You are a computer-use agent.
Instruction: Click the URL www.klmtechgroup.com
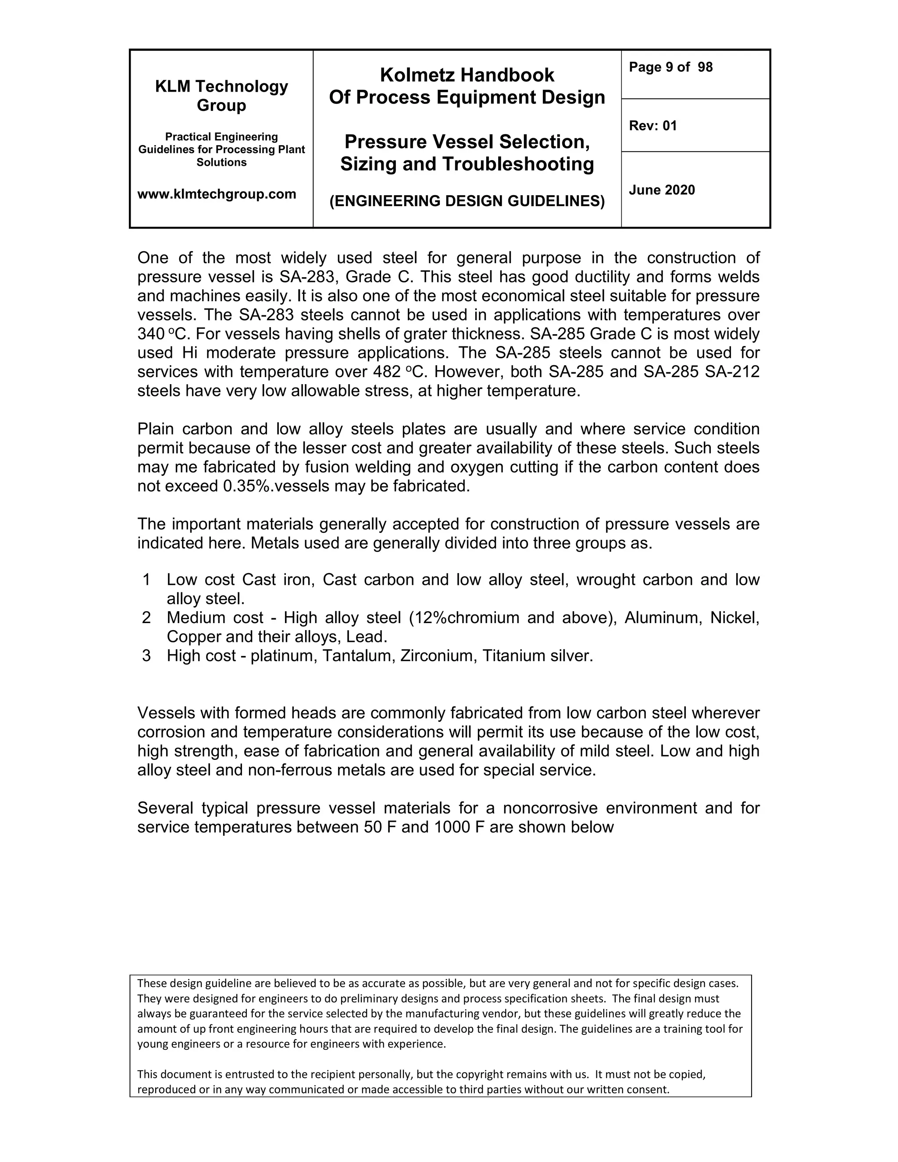[x=217, y=194]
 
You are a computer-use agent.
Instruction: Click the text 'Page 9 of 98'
[x=670, y=67]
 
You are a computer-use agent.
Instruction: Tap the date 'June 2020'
[x=662, y=190]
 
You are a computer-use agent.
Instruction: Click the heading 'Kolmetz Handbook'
[x=467, y=75]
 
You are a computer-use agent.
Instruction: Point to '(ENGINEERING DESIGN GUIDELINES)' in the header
[x=467, y=201]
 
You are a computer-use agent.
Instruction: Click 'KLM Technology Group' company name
[x=221, y=96]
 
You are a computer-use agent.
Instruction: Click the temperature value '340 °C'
[x=160, y=334]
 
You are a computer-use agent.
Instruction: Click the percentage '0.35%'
[x=247, y=486]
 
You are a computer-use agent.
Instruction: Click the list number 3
[x=147, y=656]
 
